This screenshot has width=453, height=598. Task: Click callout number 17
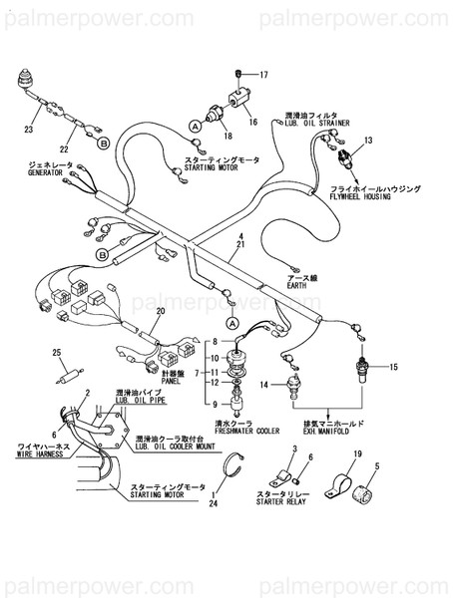tap(264, 76)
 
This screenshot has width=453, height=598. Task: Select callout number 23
tap(28, 131)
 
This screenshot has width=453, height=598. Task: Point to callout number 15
tap(393, 368)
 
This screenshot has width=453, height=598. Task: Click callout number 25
tap(55, 352)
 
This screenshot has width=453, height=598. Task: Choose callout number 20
tap(158, 312)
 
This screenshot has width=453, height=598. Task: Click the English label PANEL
tap(226, 380)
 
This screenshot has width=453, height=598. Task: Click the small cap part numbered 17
tap(238, 75)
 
